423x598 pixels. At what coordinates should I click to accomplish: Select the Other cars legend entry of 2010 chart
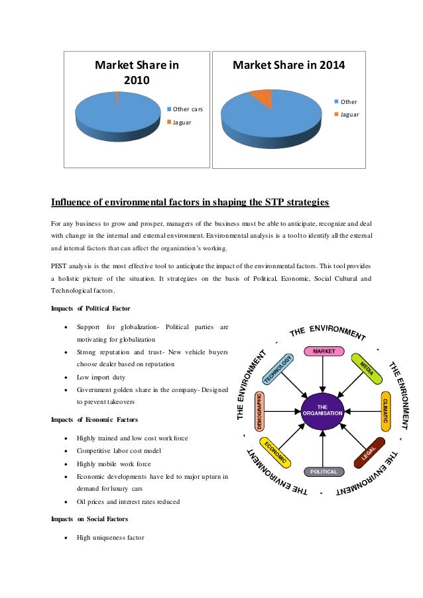point(188,109)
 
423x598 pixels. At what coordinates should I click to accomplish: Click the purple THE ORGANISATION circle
point(322,410)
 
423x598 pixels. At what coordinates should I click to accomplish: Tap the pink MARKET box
point(324,351)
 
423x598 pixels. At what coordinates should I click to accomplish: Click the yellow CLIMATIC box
point(385,412)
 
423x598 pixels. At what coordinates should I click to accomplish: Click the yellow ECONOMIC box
point(275,452)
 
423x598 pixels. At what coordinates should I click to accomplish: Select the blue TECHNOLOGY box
point(277,370)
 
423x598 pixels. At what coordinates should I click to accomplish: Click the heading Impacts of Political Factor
point(91,308)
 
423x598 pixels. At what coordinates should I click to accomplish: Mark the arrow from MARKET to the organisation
point(322,375)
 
